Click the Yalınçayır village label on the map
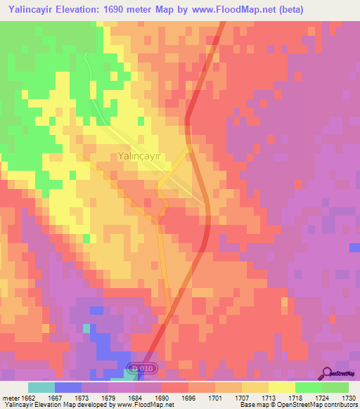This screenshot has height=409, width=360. [x=140, y=157]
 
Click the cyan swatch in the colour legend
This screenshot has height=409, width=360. [x=41, y=387]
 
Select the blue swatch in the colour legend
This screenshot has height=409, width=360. [x=68, y=387]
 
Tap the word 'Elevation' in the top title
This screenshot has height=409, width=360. [x=87, y=8]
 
